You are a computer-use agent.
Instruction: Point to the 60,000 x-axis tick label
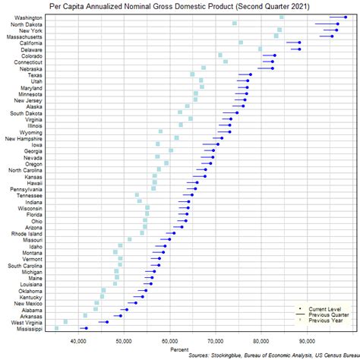pos(169,342)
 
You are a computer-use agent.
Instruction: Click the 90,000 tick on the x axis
pos(308,342)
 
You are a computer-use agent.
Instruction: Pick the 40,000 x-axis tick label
pos(77,342)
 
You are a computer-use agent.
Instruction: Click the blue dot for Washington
pos(346,17)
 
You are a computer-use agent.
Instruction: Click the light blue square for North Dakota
pos(235,24)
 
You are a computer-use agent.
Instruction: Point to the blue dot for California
pos(299,43)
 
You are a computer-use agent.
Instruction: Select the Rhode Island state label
pos(26,233)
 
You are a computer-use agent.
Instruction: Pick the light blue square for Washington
pos(282,17)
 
